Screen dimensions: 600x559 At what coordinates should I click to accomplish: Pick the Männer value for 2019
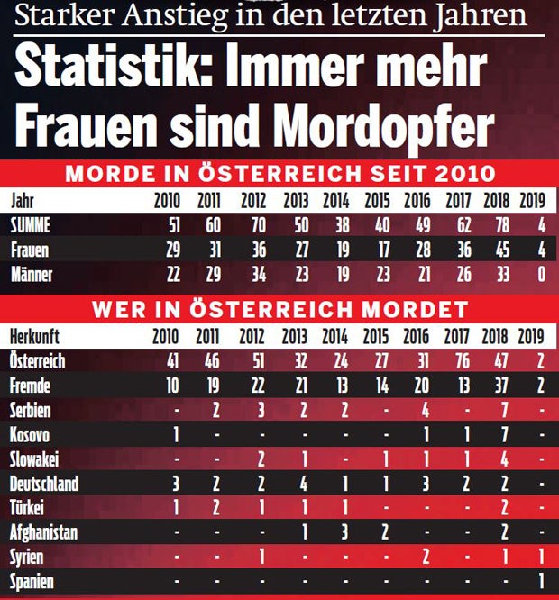[x=541, y=275]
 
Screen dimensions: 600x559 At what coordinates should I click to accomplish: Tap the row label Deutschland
[x=44, y=483]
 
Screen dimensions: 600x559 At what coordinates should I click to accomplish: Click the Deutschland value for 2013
[x=304, y=484]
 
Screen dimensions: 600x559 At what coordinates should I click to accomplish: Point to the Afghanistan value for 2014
[x=344, y=532]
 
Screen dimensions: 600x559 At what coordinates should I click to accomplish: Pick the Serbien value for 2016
[x=425, y=410]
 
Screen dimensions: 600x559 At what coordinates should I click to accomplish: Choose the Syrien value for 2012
[x=260, y=557]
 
